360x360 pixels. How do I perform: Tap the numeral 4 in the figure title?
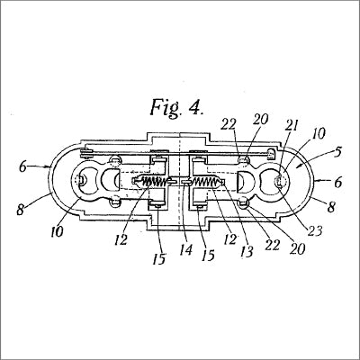[196, 107]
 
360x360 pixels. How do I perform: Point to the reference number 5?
[337, 152]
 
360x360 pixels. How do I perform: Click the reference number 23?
[315, 230]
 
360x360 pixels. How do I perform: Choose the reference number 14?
[185, 249]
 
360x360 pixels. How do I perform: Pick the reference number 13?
[247, 251]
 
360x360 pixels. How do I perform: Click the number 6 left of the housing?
[22, 166]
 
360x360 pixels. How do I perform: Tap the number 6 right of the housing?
[338, 183]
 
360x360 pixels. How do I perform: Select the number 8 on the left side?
[21, 210]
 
